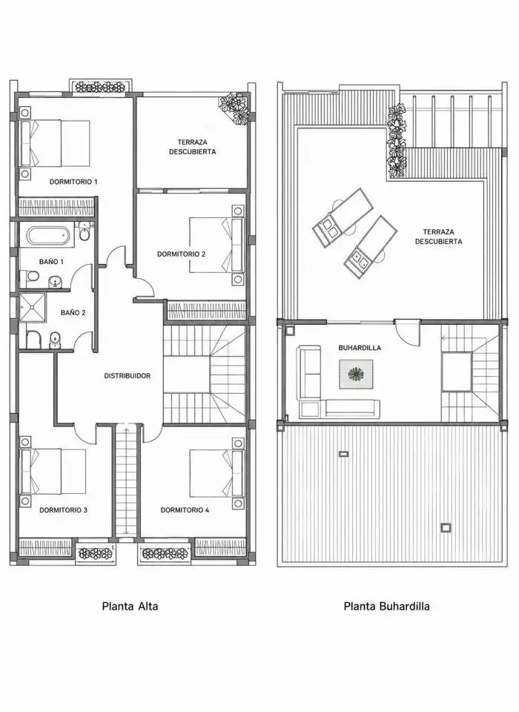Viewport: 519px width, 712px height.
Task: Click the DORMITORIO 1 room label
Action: pyautogui.click(x=73, y=182)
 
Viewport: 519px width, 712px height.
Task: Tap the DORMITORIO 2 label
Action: pyautogui.click(x=181, y=254)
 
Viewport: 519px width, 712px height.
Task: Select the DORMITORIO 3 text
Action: pyautogui.click(x=63, y=510)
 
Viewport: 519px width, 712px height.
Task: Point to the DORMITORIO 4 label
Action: pyautogui.click(x=185, y=510)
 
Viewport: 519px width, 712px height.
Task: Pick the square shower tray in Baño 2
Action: pyautogui.click(x=33, y=307)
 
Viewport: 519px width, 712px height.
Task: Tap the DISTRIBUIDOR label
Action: pyautogui.click(x=127, y=376)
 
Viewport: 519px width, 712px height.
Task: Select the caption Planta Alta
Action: pyautogui.click(x=130, y=606)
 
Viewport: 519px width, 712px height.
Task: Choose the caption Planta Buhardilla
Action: pyautogui.click(x=386, y=606)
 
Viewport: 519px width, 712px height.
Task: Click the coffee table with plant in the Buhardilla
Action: pyautogui.click(x=357, y=374)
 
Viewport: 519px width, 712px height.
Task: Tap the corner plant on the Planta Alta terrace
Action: pyautogui.click(x=234, y=108)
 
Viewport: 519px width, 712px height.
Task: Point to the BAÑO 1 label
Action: pyautogui.click(x=51, y=262)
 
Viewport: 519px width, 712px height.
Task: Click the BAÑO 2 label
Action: pyautogui.click(x=73, y=313)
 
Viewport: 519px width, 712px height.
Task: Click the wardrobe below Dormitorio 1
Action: pyautogui.click(x=56, y=207)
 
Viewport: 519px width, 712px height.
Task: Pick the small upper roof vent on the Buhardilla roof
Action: pyautogui.click(x=344, y=453)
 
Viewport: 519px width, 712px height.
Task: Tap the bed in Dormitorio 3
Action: pyautogui.click(x=53, y=472)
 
